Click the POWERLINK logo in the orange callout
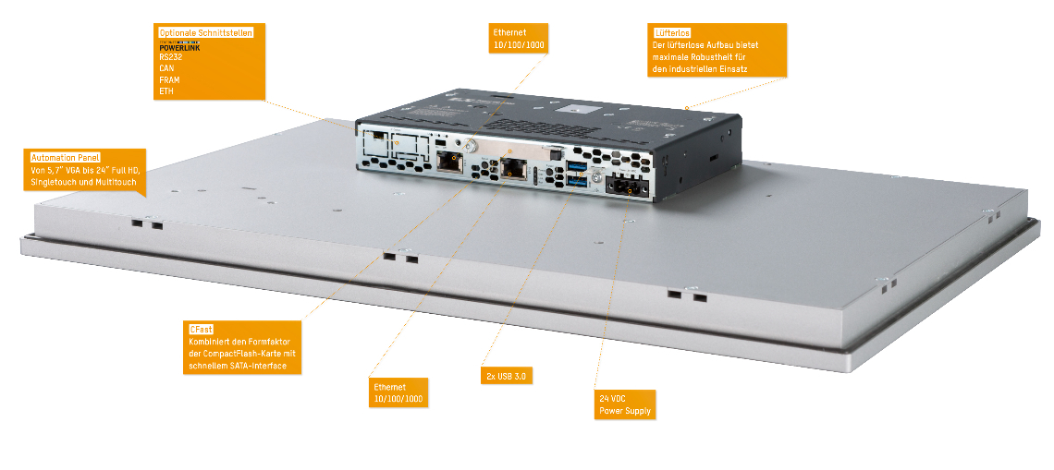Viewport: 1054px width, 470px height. (x=178, y=45)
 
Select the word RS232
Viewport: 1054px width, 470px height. (x=169, y=56)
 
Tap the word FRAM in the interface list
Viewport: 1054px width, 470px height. (x=168, y=79)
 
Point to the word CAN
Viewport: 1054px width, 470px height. (x=166, y=68)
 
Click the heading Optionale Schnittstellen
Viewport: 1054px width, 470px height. (x=205, y=32)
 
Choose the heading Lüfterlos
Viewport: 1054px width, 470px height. (x=671, y=32)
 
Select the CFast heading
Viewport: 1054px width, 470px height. (x=201, y=330)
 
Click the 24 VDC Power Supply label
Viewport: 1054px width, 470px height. (x=625, y=405)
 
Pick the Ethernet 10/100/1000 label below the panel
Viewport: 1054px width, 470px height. (x=398, y=392)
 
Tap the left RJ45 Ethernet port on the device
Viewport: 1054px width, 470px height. (x=451, y=163)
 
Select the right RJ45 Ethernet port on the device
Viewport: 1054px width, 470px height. (x=512, y=168)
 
